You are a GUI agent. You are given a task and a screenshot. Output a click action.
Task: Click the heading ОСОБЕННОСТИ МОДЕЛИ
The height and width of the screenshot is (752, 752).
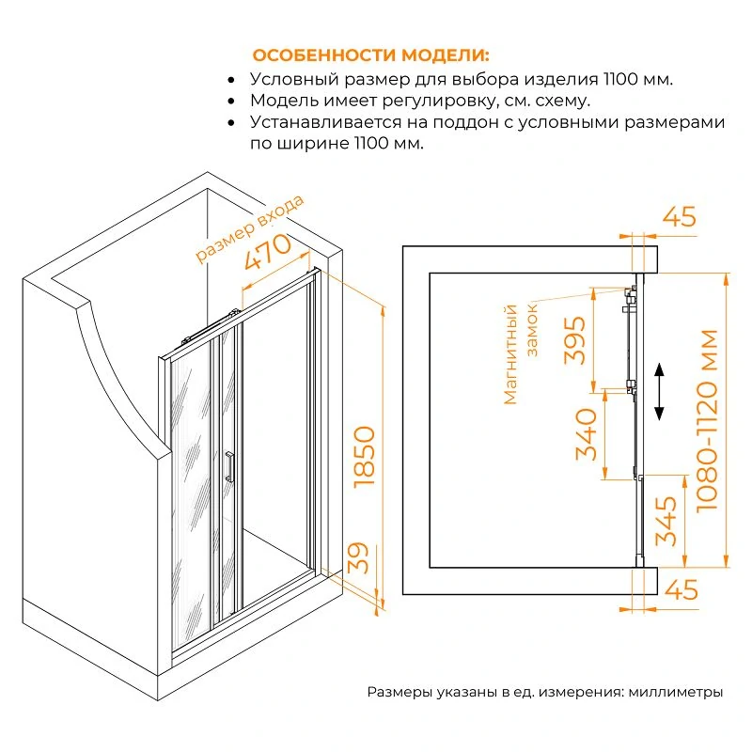(x=370, y=55)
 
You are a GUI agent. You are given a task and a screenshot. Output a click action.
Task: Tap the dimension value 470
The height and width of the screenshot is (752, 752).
(x=268, y=251)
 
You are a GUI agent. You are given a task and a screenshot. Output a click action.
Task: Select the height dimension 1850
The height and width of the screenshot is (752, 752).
(x=365, y=457)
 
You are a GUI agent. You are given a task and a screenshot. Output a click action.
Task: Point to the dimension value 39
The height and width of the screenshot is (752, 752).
(x=358, y=557)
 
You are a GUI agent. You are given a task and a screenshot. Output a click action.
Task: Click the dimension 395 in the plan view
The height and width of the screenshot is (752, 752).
(x=574, y=340)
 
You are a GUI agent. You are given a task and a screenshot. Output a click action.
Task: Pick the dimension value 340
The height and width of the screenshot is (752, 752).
(x=586, y=434)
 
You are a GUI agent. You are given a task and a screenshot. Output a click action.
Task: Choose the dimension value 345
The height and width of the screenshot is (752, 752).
(x=666, y=521)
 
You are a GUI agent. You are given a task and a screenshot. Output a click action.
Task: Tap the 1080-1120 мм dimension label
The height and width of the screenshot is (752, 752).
(x=707, y=420)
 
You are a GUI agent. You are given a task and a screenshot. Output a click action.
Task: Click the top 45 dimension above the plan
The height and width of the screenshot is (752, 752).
(x=679, y=217)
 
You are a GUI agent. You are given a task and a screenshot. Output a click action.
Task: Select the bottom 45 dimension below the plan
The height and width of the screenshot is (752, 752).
(x=681, y=589)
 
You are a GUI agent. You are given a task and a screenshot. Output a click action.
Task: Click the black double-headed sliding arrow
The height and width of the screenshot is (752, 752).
(x=659, y=392)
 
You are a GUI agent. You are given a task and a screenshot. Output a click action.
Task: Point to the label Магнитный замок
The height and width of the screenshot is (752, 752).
(x=520, y=354)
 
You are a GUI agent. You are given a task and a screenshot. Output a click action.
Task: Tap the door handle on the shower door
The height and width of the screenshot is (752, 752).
(x=229, y=465)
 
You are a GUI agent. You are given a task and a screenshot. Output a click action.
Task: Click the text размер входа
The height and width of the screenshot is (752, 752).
(x=250, y=228)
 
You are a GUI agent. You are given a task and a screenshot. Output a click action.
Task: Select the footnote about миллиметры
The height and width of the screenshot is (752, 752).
(x=545, y=692)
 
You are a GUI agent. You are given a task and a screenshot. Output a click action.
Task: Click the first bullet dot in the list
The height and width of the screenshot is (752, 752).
(x=231, y=80)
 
